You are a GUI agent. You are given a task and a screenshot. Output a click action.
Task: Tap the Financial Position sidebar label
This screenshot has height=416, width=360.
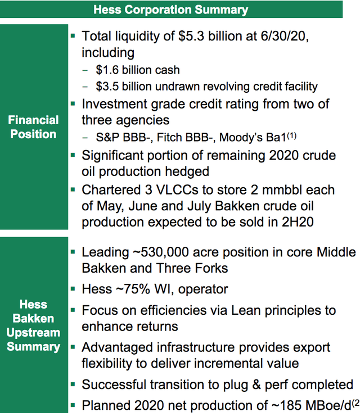33,127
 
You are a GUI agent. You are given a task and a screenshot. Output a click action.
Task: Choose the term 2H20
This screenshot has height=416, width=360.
306,221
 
